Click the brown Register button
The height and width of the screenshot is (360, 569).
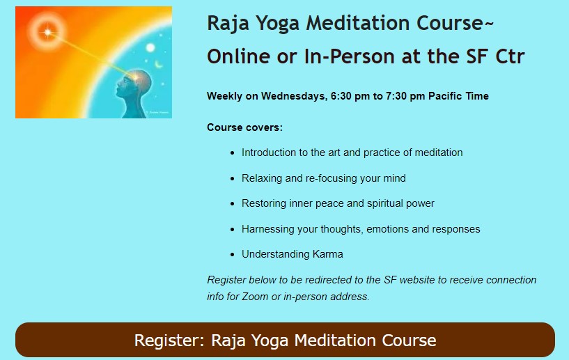[285, 340]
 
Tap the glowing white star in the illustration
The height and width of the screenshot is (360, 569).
[47, 32]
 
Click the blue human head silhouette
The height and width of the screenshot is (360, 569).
[134, 93]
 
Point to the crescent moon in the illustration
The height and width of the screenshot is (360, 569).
[159, 65]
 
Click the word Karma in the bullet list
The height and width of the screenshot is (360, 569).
[328, 254]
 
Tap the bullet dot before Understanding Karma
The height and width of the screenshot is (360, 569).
[233, 255]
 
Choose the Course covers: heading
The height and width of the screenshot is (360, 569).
[244, 127]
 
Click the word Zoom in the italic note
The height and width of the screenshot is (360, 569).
[256, 297]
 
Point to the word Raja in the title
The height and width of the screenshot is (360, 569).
[228, 24]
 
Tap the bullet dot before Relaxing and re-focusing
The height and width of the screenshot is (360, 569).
[233, 179]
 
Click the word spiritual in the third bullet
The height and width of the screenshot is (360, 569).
[384, 203]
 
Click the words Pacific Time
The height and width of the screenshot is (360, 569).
[458, 96]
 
